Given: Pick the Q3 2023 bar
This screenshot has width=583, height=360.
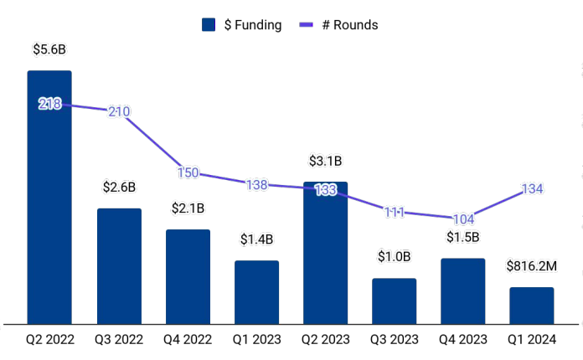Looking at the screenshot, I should pyautogui.click(x=394, y=301).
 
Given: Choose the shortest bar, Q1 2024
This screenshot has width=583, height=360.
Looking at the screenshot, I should pyautogui.click(x=532, y=305).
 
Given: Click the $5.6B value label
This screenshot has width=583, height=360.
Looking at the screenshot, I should pyautogui.click(x=49, y=49).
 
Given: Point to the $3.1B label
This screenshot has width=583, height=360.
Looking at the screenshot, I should pyautogui.click(x=325, y=161).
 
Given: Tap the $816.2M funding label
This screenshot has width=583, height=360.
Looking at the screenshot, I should pyautogui.click(x=532, y=266).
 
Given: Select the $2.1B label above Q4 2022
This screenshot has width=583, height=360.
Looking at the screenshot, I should pyautogui.click(x=188, y=208).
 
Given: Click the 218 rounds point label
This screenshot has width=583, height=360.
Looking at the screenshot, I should pyautogui.click(x=49, y=104).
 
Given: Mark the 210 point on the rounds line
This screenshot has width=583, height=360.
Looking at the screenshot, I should pyautogui.click(x=119, y=111).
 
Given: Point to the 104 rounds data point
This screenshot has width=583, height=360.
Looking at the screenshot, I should pyautogui.click(x=462, y=218).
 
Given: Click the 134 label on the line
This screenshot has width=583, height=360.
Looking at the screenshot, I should pyautogui.click(x=532, y=189).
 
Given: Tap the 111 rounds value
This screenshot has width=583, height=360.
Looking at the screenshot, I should pyautogui.click(x=394, y=212).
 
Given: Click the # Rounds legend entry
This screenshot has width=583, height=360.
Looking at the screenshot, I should pyautogui.click(x=338, y=25).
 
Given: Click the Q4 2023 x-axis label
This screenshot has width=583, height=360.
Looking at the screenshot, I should pyautogui.click(x=462, y=340).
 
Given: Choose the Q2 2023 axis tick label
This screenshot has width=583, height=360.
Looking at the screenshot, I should pyautogui.click(x=325, y=340).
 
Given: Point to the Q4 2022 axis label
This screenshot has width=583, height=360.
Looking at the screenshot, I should pyautogui.click(x=188, y=340).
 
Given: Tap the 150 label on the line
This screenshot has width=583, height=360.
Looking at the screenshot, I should pyautogui.click(x=188, y=173).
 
